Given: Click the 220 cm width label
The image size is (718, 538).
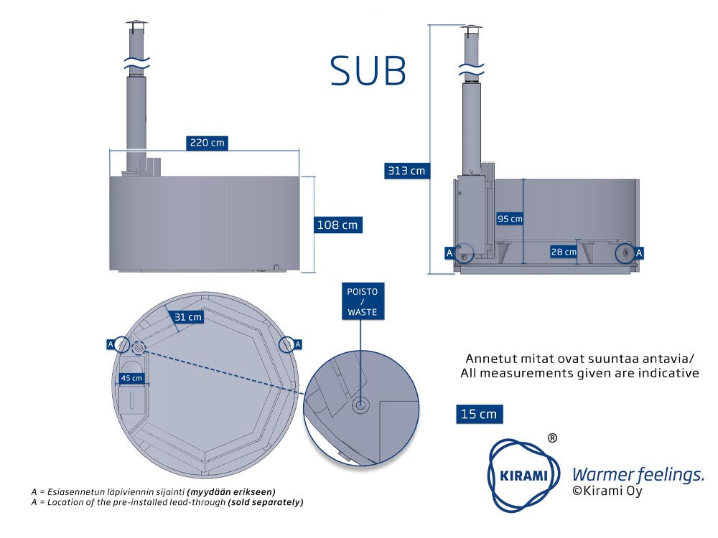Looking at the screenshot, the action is point(207,143).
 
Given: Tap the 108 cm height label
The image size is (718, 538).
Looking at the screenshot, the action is point(337,225).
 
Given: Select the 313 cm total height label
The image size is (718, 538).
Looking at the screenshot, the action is point(406,171).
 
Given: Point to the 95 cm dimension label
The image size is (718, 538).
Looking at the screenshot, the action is point(510,219).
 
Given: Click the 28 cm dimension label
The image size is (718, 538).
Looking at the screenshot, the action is point(564,252).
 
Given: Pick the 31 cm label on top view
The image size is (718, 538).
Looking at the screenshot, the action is point(187,316).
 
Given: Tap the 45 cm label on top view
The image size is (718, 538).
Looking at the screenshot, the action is point(131,378).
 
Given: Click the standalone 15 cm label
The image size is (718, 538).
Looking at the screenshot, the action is point(479,414).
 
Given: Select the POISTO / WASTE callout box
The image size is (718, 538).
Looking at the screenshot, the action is point(363,301).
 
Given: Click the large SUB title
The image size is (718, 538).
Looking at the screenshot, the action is point(368,71).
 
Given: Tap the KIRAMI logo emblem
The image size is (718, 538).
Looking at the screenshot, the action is point(524,475).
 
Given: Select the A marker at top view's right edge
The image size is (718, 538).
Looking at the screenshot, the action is point(298,344).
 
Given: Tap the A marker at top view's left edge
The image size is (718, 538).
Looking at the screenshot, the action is point(110,344).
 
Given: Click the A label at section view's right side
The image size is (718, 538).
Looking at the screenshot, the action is point(639,253).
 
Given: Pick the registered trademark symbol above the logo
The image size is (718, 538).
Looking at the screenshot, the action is point(553,438).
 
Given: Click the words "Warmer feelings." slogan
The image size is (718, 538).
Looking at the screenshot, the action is point(638,474).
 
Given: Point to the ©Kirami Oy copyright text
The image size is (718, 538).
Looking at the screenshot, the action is point(607,491).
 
